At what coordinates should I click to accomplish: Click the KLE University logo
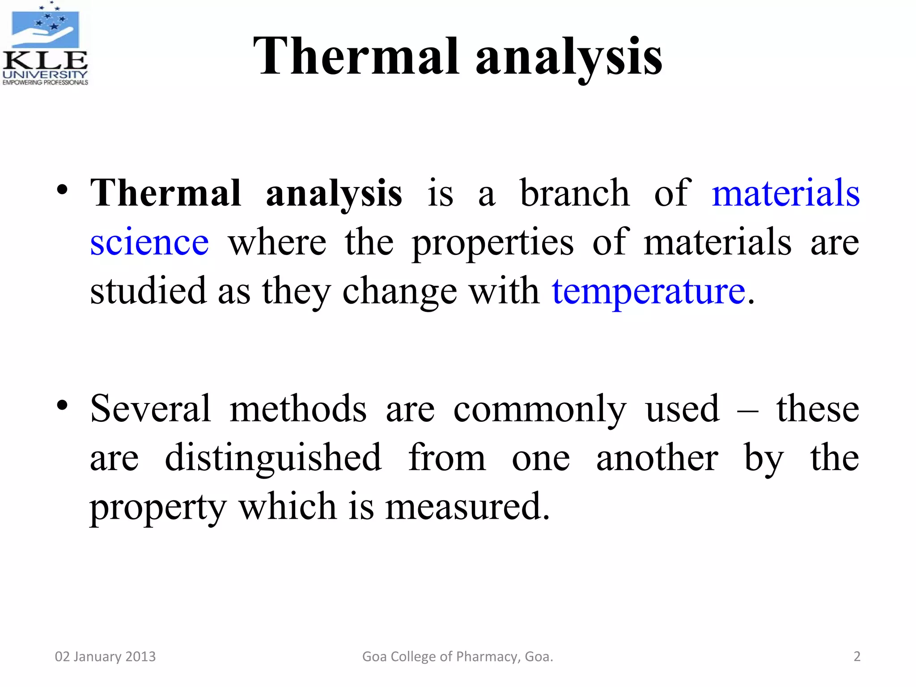tap(45, 44)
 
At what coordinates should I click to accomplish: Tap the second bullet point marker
tap(62, 405)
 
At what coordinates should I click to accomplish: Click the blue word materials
tap(785, 193)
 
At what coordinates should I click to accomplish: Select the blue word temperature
tap(649, 292)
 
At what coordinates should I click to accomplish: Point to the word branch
tap(575, 193)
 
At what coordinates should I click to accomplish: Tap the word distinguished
tap(273, 458)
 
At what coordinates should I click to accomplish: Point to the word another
tap(657, 458)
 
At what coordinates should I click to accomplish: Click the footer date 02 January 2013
tap(105, 657)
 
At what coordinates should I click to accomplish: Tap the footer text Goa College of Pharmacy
tap(457, 657)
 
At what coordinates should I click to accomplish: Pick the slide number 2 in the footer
tap(857, 657)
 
